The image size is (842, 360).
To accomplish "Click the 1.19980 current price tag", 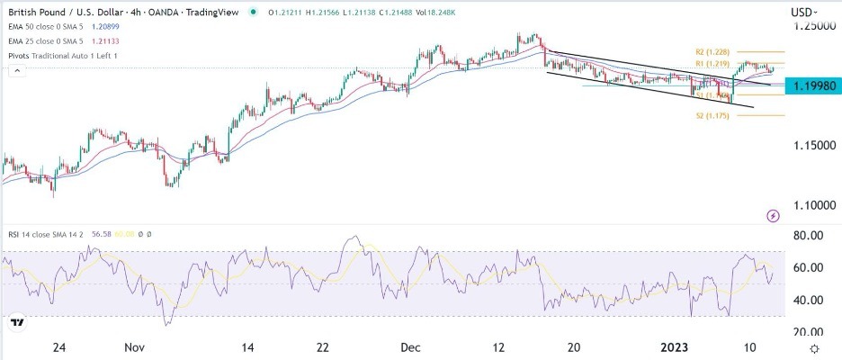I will click(x=811, y=85).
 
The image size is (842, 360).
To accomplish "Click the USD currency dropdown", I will click(x=806, y=12).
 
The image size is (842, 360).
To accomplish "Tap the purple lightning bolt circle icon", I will click(x=773, y=216).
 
